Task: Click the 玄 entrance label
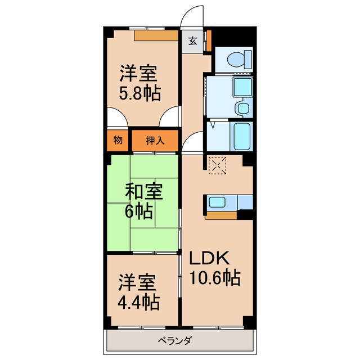click(x=192, y=40)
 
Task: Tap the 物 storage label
click(x=118, y=140)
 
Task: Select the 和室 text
click(x=143, y=192)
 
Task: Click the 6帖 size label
click(x=138, y=212)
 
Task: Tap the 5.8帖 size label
click(x=139, y=93)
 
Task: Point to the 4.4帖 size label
click(x=138, y=302)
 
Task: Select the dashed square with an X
click(x=217, y=165)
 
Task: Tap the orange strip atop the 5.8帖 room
click(x=156, y=36)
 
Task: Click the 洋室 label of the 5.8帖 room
click(x=138, y=73)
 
